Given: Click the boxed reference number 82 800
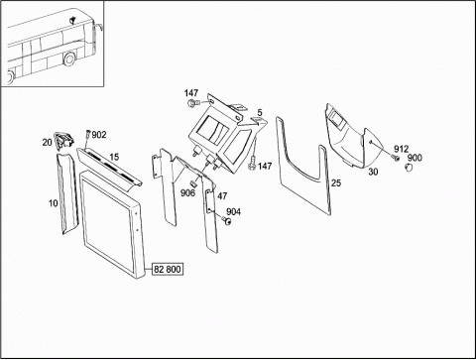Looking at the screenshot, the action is coord(168,270).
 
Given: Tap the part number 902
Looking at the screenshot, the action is coord(99,135).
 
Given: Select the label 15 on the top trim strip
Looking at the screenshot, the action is coord(114,157).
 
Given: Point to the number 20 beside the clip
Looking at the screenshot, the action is coord(48,143).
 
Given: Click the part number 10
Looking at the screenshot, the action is coord(53,203).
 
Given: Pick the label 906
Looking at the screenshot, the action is coord(187,193).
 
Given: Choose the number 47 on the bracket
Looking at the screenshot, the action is coord(222,196).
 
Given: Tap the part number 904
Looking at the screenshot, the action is coord(233,212).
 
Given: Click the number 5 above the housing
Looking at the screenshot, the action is coord(260,113).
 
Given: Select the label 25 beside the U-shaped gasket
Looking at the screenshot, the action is coord(336,182).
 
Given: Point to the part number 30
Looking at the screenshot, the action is coord(373,172).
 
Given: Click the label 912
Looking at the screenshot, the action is coord(401,149).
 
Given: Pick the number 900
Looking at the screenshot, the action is coord(415,158).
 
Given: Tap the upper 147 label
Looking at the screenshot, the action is coord(191,93).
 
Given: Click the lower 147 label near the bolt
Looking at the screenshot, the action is coord(265,166).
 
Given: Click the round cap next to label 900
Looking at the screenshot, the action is coord(410,168).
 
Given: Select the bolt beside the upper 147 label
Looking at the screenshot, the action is coord(192,103).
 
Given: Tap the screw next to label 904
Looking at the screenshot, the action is coord(226,220).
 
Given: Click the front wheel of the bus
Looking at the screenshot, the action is coord(69,59).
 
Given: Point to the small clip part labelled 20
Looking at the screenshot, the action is coord(64,141).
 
